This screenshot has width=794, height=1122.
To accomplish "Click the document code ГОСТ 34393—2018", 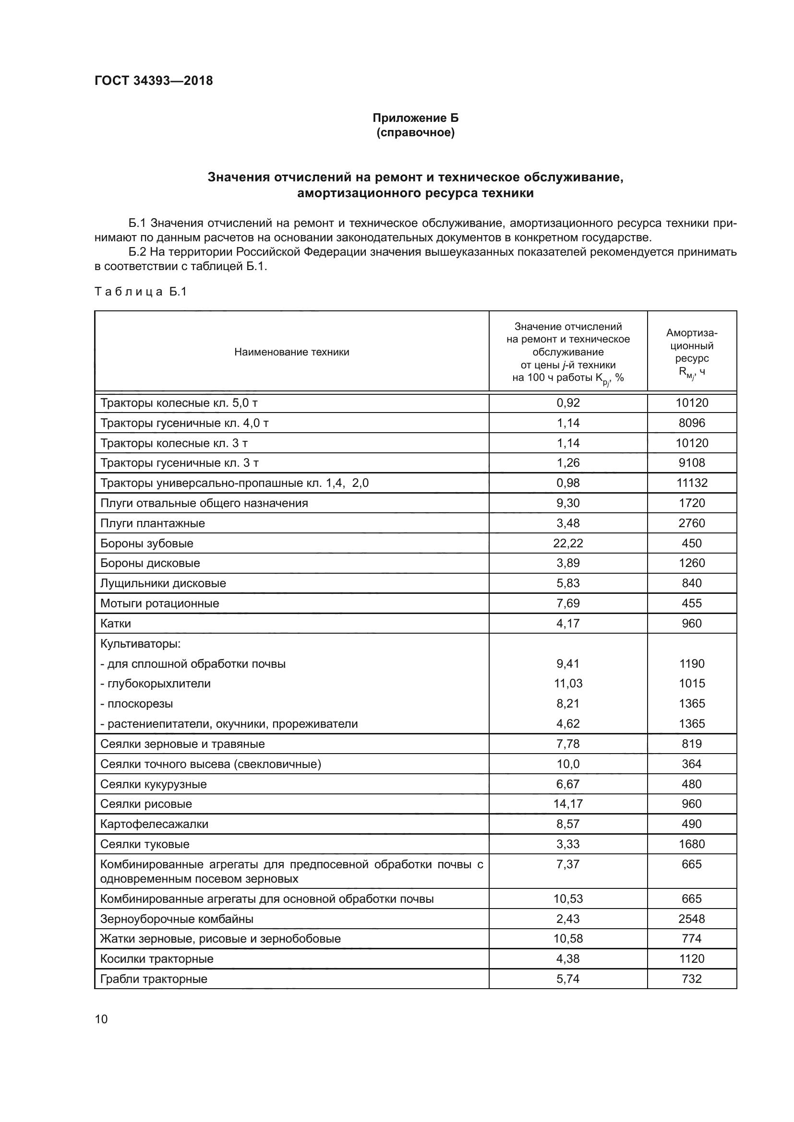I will click(x=154, y=81).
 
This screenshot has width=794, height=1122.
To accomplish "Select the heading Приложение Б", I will click(x=416, y=118).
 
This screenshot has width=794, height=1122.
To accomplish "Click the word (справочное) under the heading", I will click(x=416, y=132).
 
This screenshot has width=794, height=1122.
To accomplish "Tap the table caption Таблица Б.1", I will click(x=141, y=292).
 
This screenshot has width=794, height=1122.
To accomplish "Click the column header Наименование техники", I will click(x=291, y=352).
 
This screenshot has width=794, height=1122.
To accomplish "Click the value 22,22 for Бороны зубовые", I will click(x=567, y=543).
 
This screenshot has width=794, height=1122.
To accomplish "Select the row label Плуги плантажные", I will click(x=153, y=523).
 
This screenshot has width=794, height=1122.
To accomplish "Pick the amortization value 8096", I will click(x=691, y=423).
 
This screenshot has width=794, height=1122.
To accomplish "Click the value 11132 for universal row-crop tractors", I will click(x=691, y=483).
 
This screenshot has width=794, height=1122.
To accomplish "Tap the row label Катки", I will click(x=115, y=623).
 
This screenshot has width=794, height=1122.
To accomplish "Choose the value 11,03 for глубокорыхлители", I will click(x=567, y=683).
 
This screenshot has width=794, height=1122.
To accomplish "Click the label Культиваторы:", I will click(x=140, y=644).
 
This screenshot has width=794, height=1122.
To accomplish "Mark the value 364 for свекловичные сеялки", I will click(x=691, y=764).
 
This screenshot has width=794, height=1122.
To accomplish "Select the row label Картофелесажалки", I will click(x=154, y=824).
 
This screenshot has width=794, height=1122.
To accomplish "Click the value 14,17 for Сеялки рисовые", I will click(x=567, y=804).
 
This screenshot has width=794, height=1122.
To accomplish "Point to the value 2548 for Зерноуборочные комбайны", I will click(x=691, y=919).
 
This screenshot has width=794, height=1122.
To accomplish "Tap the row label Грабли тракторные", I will click(x=154, y=979).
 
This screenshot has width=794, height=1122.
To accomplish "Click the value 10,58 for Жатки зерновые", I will click(x=567, y=939).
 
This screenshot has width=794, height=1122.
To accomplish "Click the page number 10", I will click(x=101, y=1018).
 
